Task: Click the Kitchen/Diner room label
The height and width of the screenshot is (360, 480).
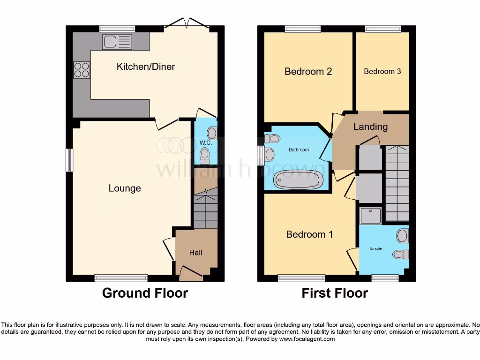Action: point(146,67)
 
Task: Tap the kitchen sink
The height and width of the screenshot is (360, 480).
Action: point(117,42)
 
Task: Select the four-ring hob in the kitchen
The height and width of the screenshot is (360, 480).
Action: point(81,70)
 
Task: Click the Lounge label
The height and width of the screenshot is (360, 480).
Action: point(125,188)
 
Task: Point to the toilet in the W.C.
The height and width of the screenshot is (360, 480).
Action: point(204,154)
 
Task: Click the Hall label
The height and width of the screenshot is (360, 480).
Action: point(195,253)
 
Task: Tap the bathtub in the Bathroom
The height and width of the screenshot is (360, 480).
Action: point(298,180)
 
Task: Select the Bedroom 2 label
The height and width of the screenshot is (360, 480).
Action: point(308,71)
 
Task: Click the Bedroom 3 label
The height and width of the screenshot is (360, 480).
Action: point(382,72)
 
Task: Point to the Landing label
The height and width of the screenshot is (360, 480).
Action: point(370,127)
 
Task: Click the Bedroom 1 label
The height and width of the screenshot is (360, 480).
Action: point(309,234)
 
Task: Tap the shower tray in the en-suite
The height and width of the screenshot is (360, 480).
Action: point(370,216)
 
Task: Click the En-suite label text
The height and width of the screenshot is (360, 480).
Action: point(375,249)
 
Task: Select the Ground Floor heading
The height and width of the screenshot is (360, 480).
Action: point(145,293)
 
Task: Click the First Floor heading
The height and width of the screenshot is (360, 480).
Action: point(335,293)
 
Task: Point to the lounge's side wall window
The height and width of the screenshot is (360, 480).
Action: point(69,160)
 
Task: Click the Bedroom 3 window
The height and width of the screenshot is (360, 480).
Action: point(383,29)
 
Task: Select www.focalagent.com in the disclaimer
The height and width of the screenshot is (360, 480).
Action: point(307,339)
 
